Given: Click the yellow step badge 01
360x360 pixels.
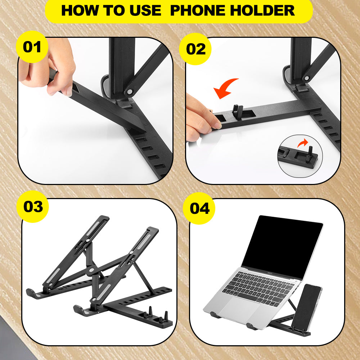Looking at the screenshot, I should click(32, 47).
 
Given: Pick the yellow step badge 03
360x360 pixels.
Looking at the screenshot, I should click(33, 207).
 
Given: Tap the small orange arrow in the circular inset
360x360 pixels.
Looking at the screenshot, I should click(303, 143).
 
